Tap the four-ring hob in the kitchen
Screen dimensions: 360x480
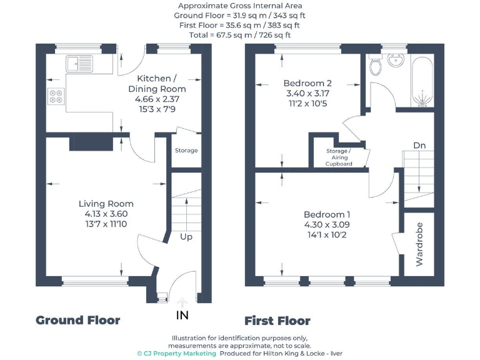[x=56, y=96]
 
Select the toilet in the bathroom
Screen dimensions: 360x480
[x=375, y=65]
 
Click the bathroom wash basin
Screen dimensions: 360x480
[x=395, y=61]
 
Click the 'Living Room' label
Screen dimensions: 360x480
[x=106, y=204]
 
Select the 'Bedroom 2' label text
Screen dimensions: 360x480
[x=307, y=83]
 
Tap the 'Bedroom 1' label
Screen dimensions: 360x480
[x=327, y=214]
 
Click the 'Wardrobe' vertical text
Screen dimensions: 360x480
[x=419, y=244]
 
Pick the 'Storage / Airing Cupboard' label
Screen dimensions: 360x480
[x=339, y=157]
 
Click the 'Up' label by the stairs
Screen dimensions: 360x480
[x=186, y=237]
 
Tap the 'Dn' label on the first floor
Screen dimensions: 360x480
[x=420, y=146]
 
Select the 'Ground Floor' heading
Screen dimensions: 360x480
[x=77, y=321]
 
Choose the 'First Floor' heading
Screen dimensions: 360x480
[x=277, y=321]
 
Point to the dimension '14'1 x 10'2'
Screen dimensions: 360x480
[x=327, y=235]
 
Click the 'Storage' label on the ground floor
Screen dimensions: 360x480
[x=186, y=151]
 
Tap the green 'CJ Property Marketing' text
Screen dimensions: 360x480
[x=177, y=353]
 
